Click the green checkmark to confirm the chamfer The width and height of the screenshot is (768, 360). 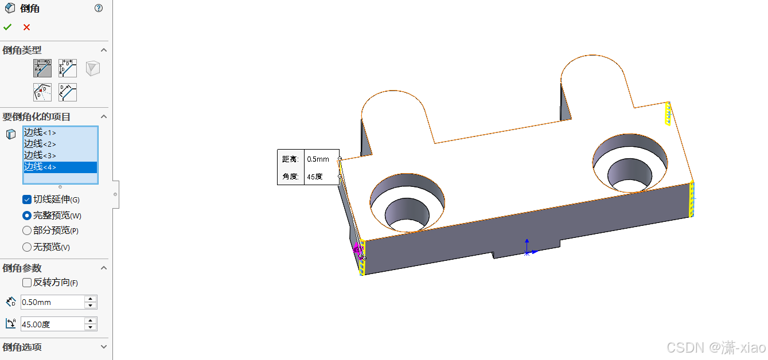[7, 27]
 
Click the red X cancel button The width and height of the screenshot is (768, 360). [27, 27]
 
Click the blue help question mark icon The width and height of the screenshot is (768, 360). [99, 8]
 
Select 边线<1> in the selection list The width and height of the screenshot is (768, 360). [40, 132]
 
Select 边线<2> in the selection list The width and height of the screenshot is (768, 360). [40, 144]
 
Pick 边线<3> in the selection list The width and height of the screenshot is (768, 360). [40, 155]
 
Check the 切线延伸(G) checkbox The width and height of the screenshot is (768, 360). [27, 199]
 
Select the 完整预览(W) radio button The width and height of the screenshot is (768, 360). [27, 216]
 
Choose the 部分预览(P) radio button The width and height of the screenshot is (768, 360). [27, 230]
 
